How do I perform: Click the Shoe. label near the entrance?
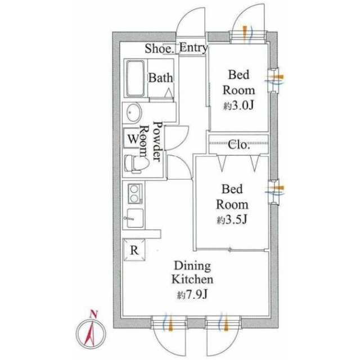pos(159,49)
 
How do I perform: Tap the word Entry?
pos(193,48)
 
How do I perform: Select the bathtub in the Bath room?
pos(135,78)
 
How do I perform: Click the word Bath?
pos(160,78)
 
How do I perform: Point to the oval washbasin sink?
pos(133,112)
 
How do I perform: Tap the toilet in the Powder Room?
pos(136,164)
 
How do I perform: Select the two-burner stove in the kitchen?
pos(135,193)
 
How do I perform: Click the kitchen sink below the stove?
pos(135,218)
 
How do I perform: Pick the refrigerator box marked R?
pos(134,250)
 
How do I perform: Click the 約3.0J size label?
pos(238,106)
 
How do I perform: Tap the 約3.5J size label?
pos(232,220)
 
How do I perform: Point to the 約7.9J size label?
pos(192,294)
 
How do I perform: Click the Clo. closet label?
pos(238,145)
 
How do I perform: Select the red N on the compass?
pos(93,314)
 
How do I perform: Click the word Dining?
pos(192,266)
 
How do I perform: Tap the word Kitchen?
pos(192,280)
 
